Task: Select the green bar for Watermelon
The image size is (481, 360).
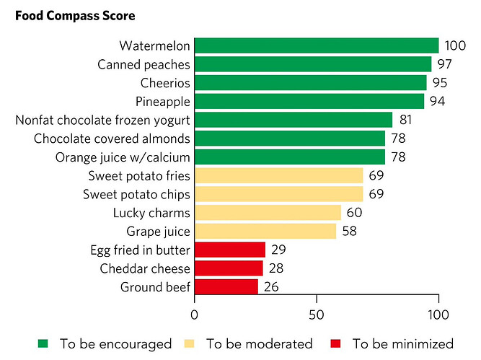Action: [316, 46]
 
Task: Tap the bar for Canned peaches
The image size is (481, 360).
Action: [312, 64]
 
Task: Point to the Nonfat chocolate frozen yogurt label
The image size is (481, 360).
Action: [102, 120]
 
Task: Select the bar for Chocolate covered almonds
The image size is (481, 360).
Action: [289, 138]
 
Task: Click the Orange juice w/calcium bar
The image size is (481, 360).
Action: [289, 157]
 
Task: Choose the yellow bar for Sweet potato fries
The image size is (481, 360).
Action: [278, 175]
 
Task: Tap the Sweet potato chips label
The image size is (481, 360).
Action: [136, 194]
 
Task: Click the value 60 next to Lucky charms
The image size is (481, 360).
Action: [354, 212]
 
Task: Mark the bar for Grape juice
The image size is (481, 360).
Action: [265, 231]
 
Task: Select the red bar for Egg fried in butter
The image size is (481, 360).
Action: [229, 250]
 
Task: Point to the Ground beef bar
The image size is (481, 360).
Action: [226, 286]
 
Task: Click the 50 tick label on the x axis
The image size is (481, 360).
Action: [316, 315]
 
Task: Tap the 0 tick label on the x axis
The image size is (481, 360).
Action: [194, 315]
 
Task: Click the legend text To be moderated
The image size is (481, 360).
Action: [259, 343]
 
